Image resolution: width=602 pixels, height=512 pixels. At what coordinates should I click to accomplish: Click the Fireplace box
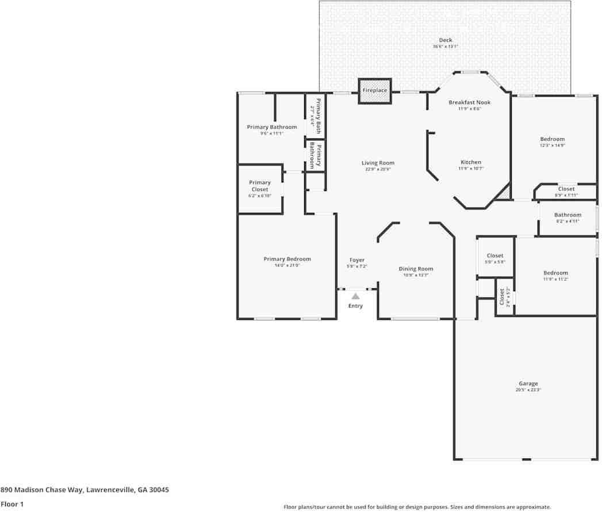click(x=374, y=91)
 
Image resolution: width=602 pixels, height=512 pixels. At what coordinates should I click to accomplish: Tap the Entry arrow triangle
click(x=355, y=296)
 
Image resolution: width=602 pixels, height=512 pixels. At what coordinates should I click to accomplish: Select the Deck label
click(x=446, y=40)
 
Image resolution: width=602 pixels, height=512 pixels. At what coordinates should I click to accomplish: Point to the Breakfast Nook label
click(x=469, y=102)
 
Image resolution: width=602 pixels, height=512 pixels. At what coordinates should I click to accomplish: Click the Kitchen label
click(x=470, y=162)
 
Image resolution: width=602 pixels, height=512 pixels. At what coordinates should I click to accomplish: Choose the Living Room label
click(x=378, y=163)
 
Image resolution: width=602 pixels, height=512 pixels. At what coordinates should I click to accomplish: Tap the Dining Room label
click(x=416, y=269)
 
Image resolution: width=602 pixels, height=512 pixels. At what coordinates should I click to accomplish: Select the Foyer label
click(x=356, y=260)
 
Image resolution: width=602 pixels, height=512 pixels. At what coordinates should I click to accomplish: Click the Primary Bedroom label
click(x=287, y=259)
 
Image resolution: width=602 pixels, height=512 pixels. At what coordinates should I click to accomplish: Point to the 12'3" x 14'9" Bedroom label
click(x=552, y=139)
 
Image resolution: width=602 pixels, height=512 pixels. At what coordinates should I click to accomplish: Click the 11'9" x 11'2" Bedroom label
click(x=555, y=273)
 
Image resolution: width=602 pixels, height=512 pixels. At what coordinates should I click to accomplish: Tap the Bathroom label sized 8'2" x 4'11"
click(x=568, y=215)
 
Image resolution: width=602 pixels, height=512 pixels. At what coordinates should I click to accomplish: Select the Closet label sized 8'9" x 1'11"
click(x=566, y=189)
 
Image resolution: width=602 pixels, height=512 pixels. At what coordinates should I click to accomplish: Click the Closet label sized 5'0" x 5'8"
click(x=495, y=255)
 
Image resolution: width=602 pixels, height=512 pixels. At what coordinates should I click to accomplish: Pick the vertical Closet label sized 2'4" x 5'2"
click(x=502, y=297)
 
